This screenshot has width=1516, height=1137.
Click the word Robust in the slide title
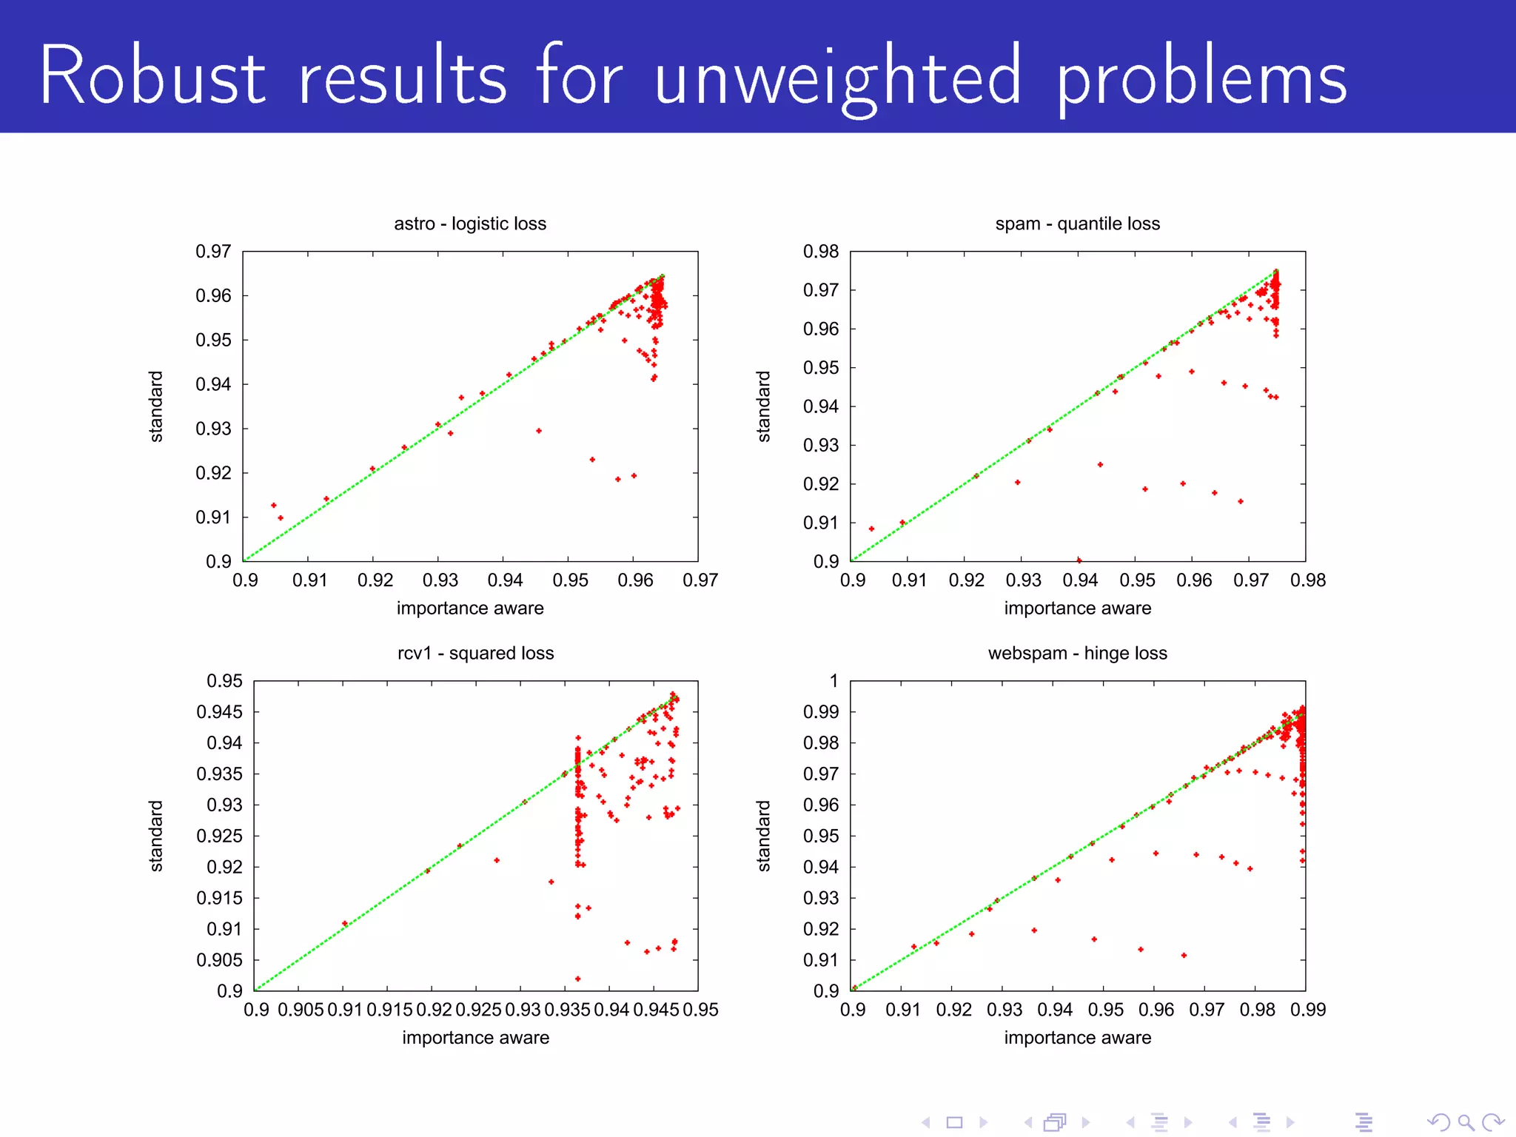click(x=152, y=76)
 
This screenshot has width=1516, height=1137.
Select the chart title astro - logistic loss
click(x=470, y=224)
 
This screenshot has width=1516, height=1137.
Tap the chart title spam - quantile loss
click(x=1077, y=224)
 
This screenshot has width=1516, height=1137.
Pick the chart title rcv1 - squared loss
click(x=475, y=653)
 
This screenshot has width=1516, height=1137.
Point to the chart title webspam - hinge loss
click(x=1077, y=653)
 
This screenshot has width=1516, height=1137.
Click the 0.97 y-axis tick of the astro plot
click(x=213, y=252)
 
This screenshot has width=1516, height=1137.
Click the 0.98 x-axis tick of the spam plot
click(x=1307, y=580)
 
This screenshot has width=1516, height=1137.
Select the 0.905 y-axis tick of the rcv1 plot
click(x=219, y=960)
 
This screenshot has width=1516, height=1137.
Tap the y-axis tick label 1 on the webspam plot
click(x=834, y=681)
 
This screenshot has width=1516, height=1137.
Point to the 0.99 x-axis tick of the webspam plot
click(x=1307, y=1010)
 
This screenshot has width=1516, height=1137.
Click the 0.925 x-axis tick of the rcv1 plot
click(x=478, y=1010)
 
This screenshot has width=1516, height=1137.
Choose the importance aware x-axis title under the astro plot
click(x=470, y=608)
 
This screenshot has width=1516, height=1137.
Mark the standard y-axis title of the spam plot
click(x=763, y=406)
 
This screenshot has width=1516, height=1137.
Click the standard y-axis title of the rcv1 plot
click(x=155, y=836)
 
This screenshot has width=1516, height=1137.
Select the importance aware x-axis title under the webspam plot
click(x=1077, y=1038)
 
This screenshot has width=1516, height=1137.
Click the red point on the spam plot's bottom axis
click(x=1079, y=560)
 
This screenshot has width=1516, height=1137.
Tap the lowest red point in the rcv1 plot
click(x=577, y=979)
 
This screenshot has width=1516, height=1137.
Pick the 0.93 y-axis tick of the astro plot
click(x=213, y=429)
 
